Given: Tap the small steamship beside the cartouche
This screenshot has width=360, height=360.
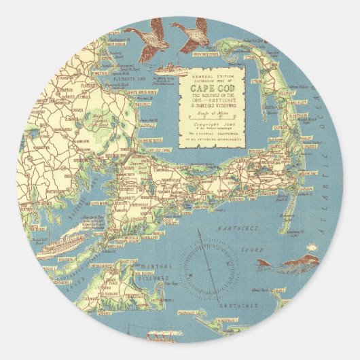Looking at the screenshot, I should (x=166, y=68).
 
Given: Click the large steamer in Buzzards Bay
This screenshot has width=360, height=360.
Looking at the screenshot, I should (x=61, y=245).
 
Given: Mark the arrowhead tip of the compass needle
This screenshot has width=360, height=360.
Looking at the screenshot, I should (x=199, y=232).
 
